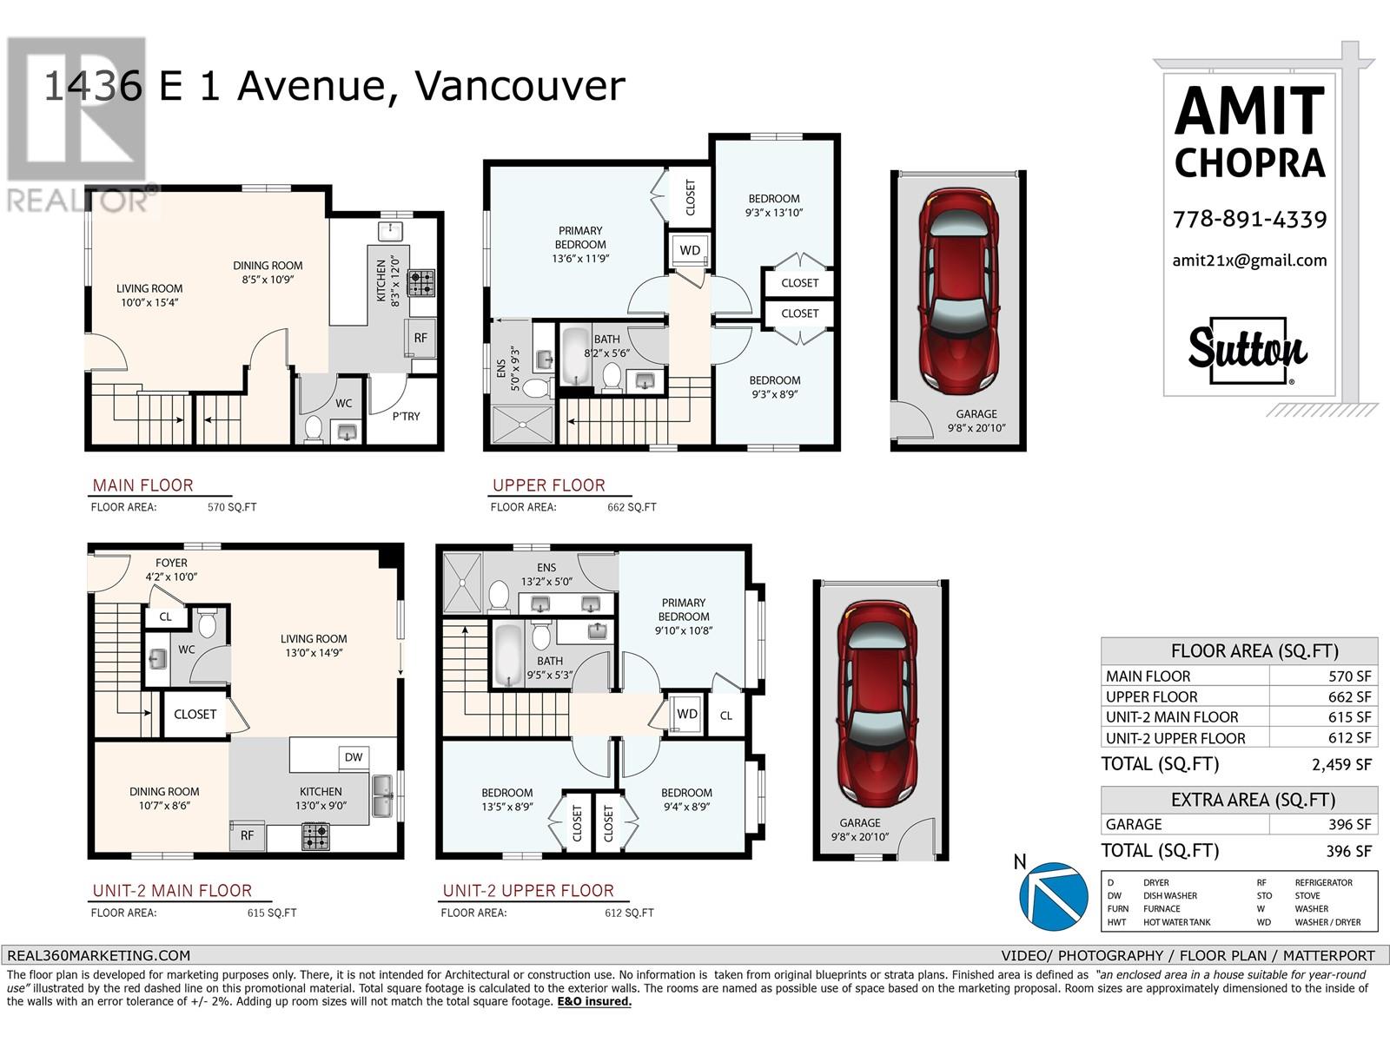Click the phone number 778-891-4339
coord(1249,220)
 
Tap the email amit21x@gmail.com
coord(1249,260)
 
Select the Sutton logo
coord(1248,351)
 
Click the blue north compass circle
coord(1054,896)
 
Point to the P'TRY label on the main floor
coord(406,416)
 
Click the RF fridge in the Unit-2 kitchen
coord(247,835)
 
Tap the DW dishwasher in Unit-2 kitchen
coord(354,756)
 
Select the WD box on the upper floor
coord(690,250)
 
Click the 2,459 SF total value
coord(1341,764)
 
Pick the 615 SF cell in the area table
coord(1349,717)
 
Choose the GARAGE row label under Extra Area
coord(1134,824)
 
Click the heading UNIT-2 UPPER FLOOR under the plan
coord(528,890)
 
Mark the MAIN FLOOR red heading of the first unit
coord(142,485)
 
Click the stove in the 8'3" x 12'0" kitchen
coord(421,283)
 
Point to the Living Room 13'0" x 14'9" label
coord(314,645)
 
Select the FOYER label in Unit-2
coord(171,563)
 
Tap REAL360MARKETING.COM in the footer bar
coord(98,955)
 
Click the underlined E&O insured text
coord(594,1001)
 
